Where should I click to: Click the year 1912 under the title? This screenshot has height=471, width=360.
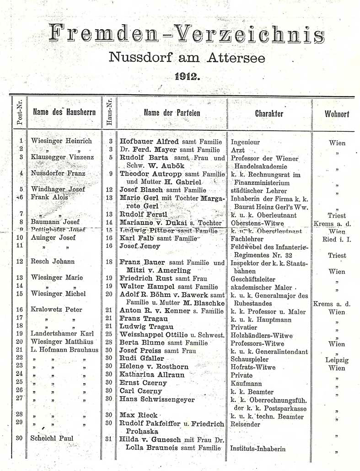coord(188,77)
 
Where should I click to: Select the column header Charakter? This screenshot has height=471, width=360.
coord(269,113)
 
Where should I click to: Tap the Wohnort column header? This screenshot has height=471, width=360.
coord(337,113)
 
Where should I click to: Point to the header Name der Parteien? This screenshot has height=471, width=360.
coord(172,113)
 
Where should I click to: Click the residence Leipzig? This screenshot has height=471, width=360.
coord(337,360)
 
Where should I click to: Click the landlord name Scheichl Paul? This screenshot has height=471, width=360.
coord(51,438)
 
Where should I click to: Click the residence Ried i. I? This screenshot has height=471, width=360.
coord(337,238)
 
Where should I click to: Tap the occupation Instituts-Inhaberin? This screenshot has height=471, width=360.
coord(258,449)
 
